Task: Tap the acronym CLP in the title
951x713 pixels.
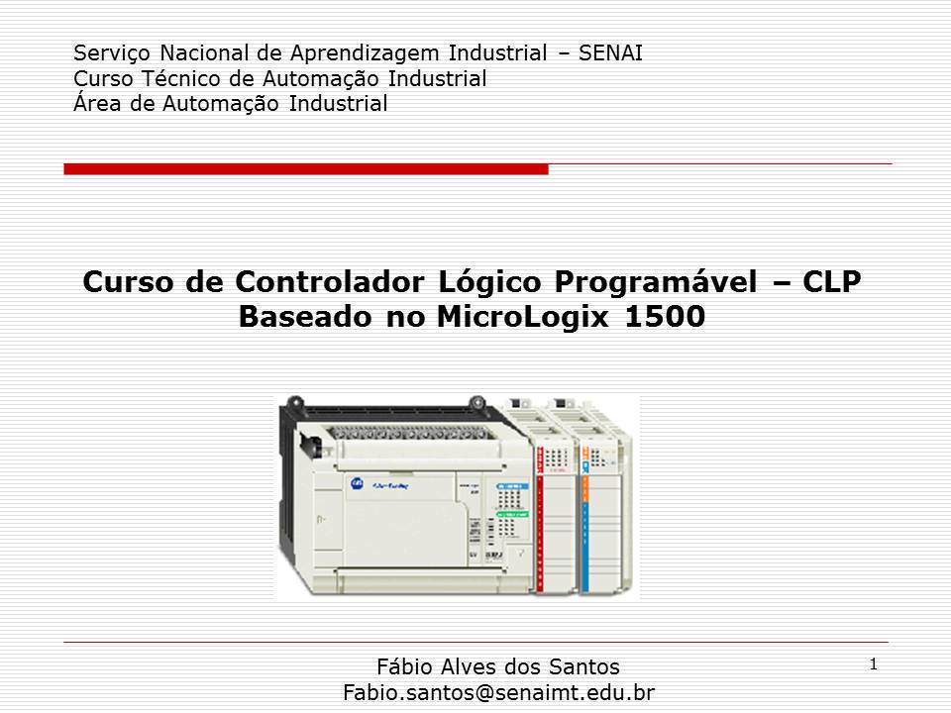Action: (831, 283)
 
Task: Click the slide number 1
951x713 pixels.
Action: (873, 664)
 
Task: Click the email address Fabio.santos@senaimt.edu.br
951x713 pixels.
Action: (498, 691)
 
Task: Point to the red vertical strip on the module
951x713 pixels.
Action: (539, 515)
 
